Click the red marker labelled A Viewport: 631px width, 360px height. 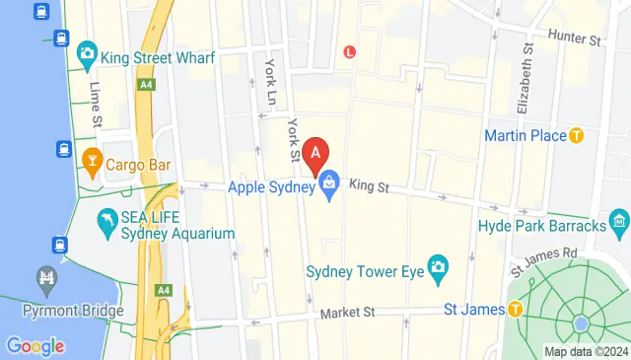(315, 155)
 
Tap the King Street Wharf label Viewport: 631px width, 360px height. (158, 57)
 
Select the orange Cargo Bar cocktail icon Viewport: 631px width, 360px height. (92, 158)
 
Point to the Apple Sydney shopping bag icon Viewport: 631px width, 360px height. (328, 183)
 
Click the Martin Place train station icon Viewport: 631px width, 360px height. (578, 135)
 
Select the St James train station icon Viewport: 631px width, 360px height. (515, 310)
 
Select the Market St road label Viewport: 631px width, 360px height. (347, 313)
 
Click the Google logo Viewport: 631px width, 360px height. (35, 346)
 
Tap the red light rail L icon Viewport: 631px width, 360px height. (349, 51)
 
